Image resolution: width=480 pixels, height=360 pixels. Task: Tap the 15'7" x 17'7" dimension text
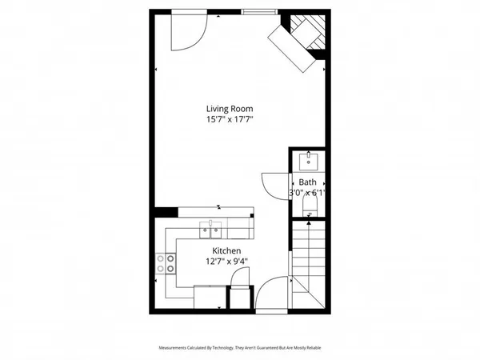click(x=235, y=120)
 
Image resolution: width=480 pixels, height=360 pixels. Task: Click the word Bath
click(x=308, y=182)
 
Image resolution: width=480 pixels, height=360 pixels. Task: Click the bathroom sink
click(x=310, y=162)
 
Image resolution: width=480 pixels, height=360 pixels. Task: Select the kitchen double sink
click(x=213, y=232)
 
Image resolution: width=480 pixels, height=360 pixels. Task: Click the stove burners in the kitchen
click(x=166, y=264)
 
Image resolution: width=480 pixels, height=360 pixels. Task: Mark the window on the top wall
click(x=257, y=11)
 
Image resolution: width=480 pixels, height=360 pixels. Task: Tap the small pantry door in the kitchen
click(x=238, y=282)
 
